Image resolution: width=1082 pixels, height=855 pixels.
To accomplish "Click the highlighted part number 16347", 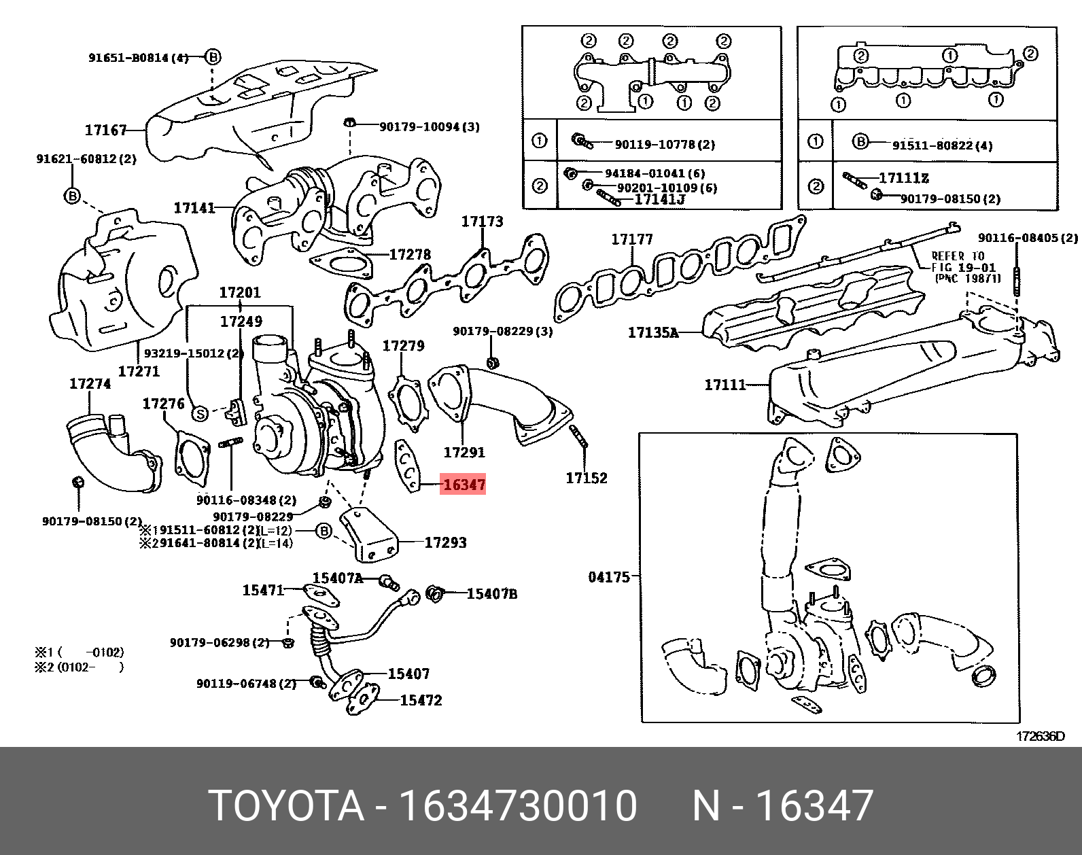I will tap(464, 485).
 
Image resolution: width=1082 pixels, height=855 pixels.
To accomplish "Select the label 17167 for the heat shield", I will tap(106, 130).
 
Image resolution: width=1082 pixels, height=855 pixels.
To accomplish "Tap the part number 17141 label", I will tap(194, 207).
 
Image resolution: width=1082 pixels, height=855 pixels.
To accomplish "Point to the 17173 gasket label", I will tap(483, 222).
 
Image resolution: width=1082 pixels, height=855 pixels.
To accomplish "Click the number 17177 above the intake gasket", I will tap(632, 239).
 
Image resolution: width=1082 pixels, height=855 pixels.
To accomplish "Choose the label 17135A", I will tap(652, 333).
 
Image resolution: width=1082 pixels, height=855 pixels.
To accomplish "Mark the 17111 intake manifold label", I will tap(725, 385).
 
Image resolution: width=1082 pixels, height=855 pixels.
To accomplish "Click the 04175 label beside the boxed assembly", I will tap(609, 577).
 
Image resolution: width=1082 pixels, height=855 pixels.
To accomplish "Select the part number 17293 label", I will tap(446, 542).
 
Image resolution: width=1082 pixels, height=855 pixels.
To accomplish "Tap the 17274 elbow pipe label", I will tap(90, 384).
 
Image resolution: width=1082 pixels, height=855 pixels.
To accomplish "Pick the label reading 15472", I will tap(421, 701).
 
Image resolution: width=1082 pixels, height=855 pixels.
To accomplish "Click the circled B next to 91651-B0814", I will tap(213, 57).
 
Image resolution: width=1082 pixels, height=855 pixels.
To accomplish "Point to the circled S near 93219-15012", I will tap(200, 413).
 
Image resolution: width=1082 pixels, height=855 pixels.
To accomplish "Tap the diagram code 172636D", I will tap(1041, 736).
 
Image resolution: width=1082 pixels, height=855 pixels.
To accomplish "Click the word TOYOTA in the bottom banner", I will tap(286, 806).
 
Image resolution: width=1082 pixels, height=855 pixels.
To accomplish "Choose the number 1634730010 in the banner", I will tap(518, 806).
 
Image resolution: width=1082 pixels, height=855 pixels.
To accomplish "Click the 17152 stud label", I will tap(587, 478).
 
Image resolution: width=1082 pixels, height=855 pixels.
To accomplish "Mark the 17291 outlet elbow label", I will tap(464, 452).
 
